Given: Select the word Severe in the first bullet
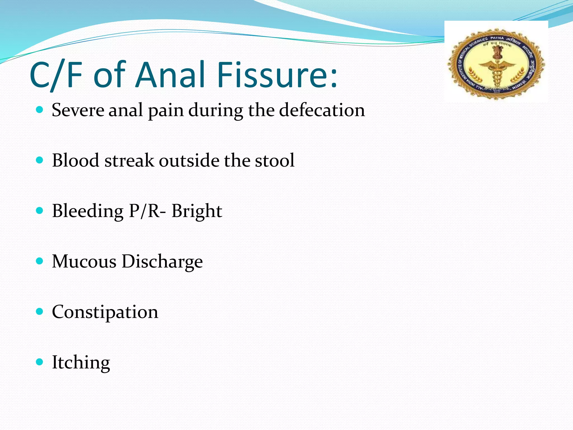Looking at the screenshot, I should coord(78,110).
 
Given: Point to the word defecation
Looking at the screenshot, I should coord(322,110).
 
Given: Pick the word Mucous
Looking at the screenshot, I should coord(84,261).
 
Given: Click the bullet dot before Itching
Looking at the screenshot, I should coord(40,362).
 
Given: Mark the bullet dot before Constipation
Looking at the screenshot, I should coord(40,311).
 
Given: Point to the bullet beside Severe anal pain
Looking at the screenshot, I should coord(40,109).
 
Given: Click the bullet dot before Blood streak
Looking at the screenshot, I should coord(40,160).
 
